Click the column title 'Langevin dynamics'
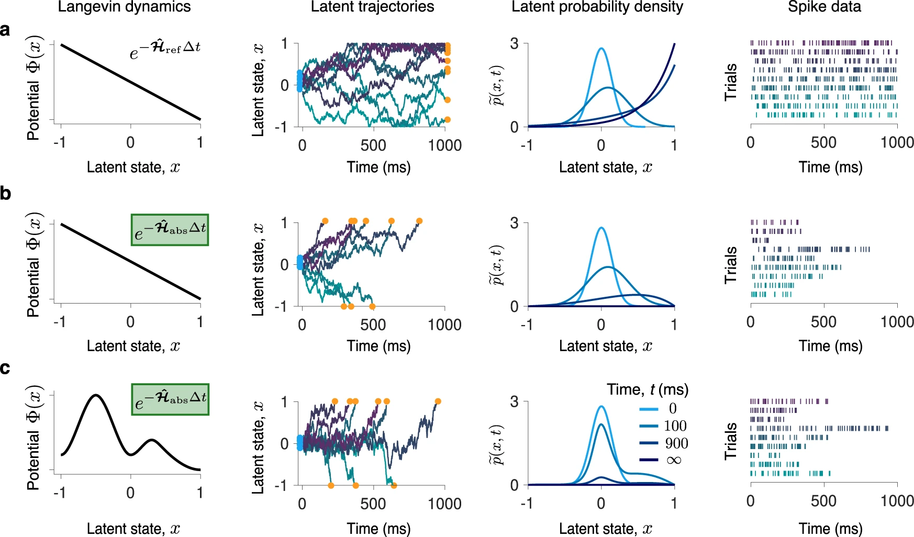124,7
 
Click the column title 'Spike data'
824,7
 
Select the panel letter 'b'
6,194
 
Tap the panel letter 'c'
5,368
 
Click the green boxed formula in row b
170,230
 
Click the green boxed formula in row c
170,399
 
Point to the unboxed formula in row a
165,50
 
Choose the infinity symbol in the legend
674,460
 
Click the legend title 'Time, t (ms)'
648,389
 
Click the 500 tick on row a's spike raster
823,142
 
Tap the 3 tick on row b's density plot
514,223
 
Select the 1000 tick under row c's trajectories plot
444,504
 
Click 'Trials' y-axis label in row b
731,265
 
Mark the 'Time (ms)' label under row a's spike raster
830,167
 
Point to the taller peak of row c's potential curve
95,395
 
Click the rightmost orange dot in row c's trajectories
438,401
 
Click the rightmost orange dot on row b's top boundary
419,221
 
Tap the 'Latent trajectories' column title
372,7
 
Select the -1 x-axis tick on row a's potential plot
60,142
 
